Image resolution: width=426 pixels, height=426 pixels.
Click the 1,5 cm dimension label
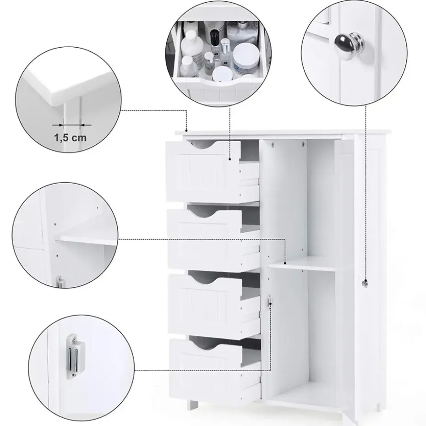[71, 138]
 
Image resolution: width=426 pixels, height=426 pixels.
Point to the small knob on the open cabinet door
[366, 284]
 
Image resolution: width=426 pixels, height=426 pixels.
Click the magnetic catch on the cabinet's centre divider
[269, 300]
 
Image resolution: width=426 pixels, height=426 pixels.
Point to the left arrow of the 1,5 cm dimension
[58, 125]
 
